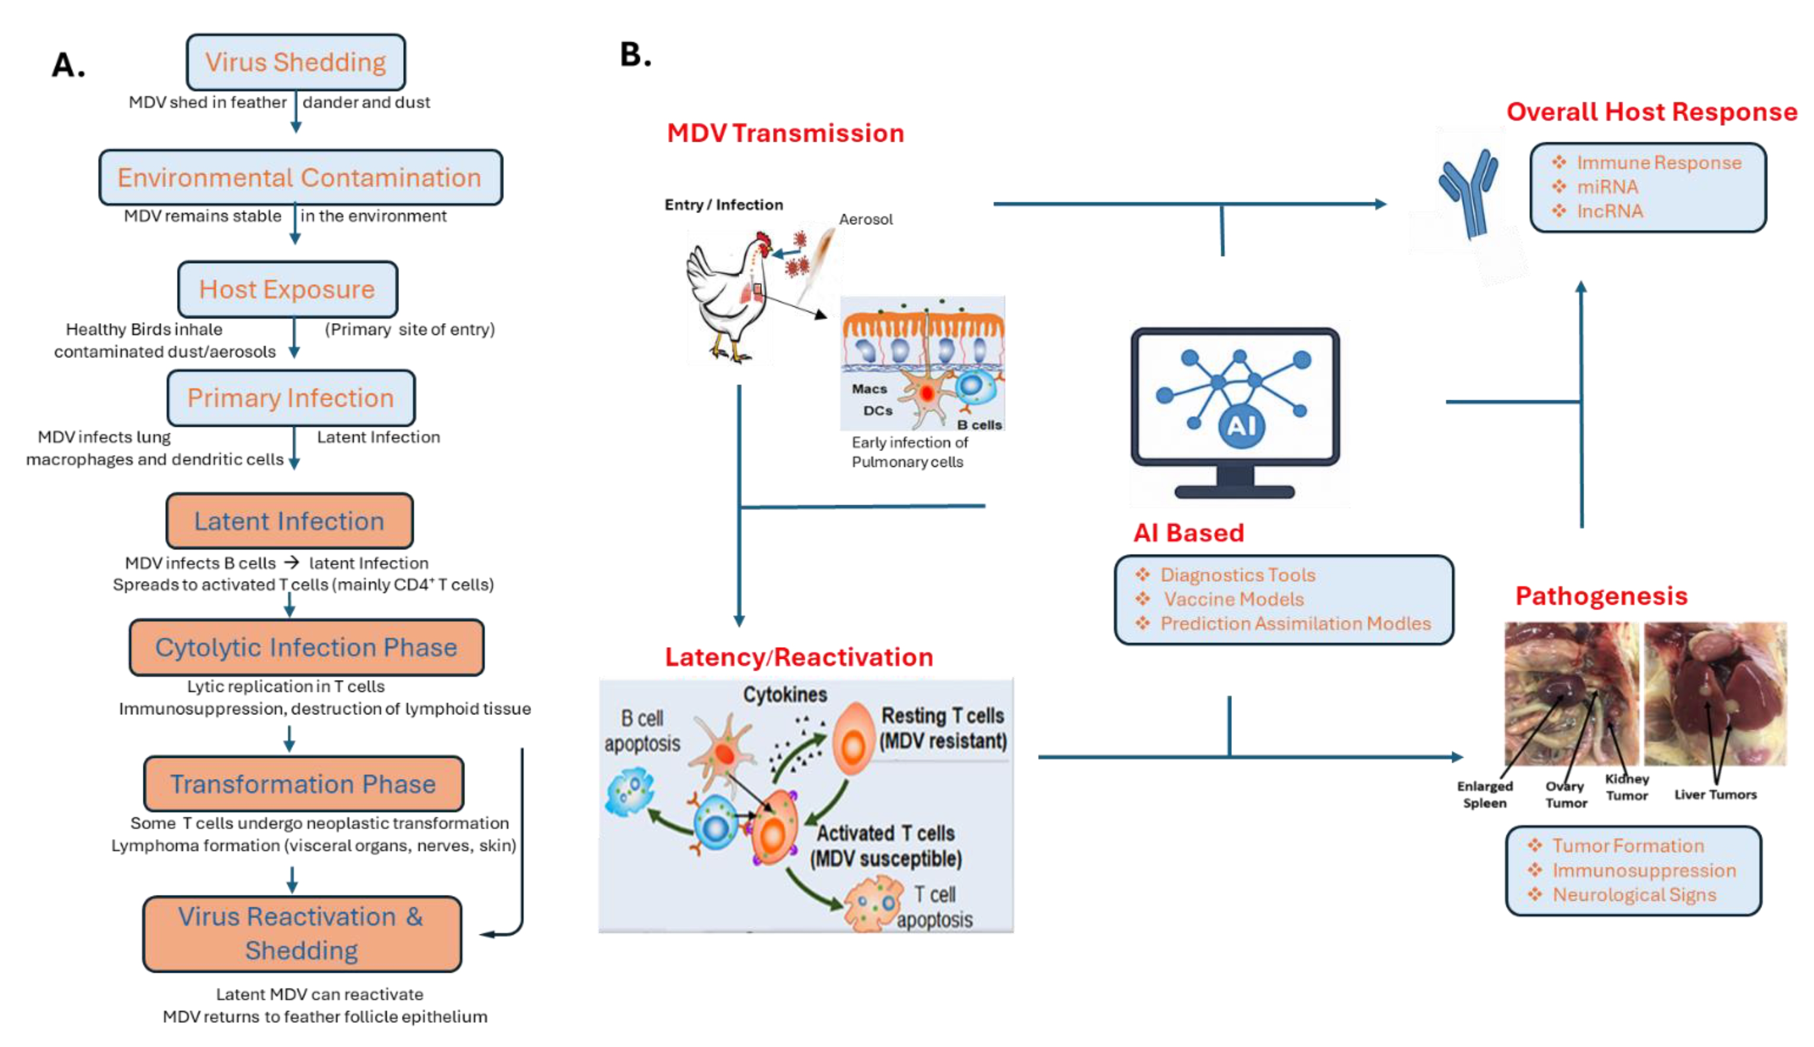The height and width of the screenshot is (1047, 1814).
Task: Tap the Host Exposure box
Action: (288, 289)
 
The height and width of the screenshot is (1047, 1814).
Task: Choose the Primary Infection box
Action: (291, 398)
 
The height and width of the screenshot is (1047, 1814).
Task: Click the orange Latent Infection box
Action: (290, 520)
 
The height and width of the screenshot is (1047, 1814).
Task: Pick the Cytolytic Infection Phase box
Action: (307, 647)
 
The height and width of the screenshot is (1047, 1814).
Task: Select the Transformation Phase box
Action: (304, 783)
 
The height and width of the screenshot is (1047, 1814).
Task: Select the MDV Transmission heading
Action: (785, 133)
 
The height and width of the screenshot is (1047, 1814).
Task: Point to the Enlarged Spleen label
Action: (1484, 794)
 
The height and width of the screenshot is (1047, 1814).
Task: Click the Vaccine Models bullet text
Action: (1234, 599)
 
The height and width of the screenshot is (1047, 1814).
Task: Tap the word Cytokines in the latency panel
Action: (785, 695)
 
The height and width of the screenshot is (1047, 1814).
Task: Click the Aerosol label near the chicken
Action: (865, 219)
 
